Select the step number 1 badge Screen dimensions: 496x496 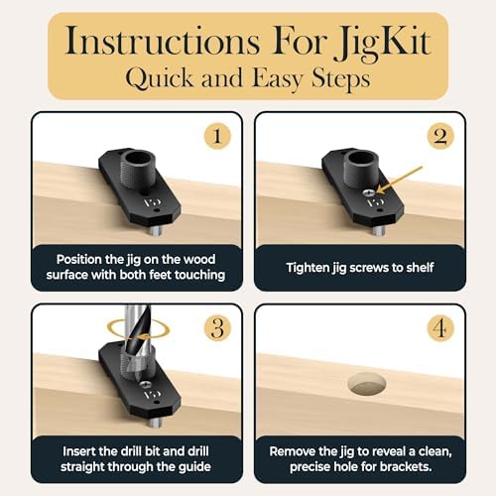tap(217, 136)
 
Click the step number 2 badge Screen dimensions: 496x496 tap(440, 136)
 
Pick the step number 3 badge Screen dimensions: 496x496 tap(217, 327)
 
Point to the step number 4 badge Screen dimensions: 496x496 tap(440, 327)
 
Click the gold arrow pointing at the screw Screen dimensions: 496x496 tap(400, 181)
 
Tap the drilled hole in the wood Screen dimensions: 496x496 tap(367, 384)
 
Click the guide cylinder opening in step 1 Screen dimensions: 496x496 tap(138, 158)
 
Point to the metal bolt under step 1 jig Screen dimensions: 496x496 tap(154, 231)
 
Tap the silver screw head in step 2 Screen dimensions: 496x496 tap(368, 192)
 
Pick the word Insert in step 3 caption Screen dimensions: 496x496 tap(77, 451)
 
